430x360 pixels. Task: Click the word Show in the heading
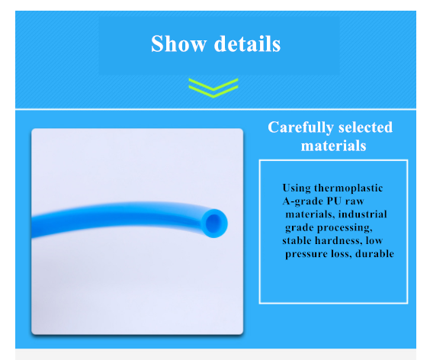click(x=178, y=43)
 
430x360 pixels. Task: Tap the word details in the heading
click(x=247, y=43)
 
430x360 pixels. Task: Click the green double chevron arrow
click(x=213, y=88)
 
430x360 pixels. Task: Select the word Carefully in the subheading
click(x=300, y=127)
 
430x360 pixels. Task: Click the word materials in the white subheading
click(x=333, y=146)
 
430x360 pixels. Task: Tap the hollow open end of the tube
click(x=214, y=223)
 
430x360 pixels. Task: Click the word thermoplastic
click(x=348, y=188)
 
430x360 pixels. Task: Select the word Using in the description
click(x=297, y=188)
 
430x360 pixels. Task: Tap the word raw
click(x=355, y=201)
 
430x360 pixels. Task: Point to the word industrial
click(x=363, y=214)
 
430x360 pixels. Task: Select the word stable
click(x=297, y=241)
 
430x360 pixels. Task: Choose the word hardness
click(x=337, y=241)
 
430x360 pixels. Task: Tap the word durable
click(x=374, y=253)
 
